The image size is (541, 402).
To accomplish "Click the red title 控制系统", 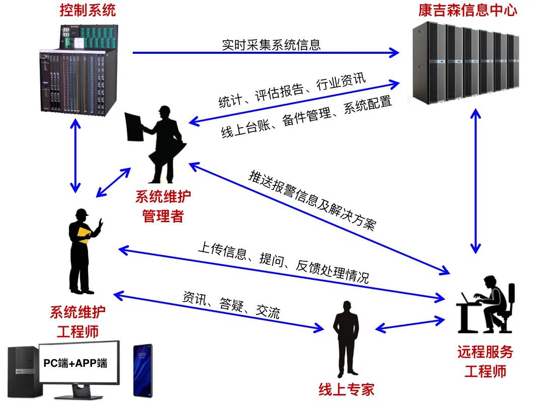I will tap(87, 11).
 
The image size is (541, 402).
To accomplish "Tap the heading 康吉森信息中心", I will tap(467, 11).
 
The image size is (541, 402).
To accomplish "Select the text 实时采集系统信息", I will tap(271, 45).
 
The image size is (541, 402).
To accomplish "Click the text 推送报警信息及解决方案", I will tap(312, 200).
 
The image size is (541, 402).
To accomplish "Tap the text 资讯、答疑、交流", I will tap(231, 305).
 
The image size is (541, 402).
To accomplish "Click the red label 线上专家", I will tap(346, 389).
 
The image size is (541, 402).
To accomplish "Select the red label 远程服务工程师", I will tap(485, 362).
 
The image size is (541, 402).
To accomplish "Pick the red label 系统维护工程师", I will tap(77, 322).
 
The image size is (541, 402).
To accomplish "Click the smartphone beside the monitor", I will tap(142, 370).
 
